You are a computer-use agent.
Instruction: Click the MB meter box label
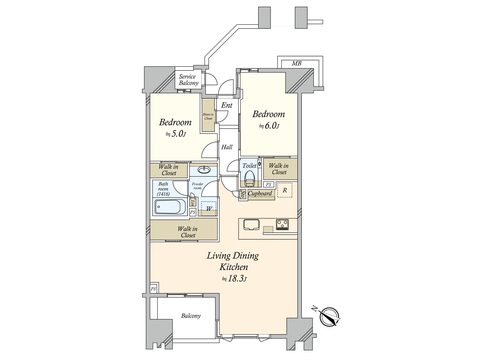tap(296, 63)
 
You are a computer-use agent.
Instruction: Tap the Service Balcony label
tap(188, 80)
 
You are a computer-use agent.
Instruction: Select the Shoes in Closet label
tap(208, 116)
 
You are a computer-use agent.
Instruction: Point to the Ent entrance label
tap(227, 105)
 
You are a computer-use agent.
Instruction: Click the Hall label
tap(227, 147)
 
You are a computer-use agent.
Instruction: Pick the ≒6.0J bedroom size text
tap(269, 126)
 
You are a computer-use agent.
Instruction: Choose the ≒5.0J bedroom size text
tap(175, 134)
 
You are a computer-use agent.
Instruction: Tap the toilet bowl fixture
tap(250, 178)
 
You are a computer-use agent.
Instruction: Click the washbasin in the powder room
tap(204, 169)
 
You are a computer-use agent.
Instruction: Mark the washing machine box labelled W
tap(208, 208)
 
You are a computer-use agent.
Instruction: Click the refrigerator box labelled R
tap(284, 190)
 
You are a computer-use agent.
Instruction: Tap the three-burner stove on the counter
tap(282, 225)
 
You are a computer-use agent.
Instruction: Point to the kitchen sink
tap(251, 225)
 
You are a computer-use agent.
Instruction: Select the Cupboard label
tap(260, 193)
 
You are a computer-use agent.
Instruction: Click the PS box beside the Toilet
tap(268, 185)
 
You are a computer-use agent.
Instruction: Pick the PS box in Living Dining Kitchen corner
tap(153, 289)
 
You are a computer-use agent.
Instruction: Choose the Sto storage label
tap(243, 194)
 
